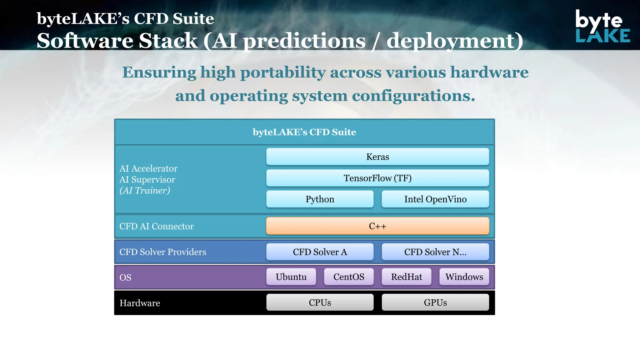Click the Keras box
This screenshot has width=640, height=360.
pyautogui.click(x=377, y=157)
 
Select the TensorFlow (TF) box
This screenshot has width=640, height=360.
pyautogui.click(x=377, y=178)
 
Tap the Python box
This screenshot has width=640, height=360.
pyautogui.click(x=320, y=199)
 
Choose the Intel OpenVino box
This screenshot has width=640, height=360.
pyautogui.click(x=435, y=199)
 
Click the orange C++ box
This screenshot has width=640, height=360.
pyautogui.click(x=377, y=226)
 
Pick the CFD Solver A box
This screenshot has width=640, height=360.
pyautogui.click(x=320, y=252)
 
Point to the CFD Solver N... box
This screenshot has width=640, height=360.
pyautogui.click(x=435, y=252)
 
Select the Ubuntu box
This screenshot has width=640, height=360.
pyautogui.click(x=291, y=277)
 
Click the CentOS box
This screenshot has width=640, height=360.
pyautogui.click(x=349, y=277)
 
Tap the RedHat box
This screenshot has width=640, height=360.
pyautogui.click(x=406, y=277)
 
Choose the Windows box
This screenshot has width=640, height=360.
pyautogui.click(x=464, y=277)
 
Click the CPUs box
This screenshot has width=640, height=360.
pyautogui.click(x=320, y=302)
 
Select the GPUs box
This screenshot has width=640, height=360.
pyautogui.click(x=435, y=302)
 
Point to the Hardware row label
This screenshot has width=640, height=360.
pyautogui.click(x=140, y=303)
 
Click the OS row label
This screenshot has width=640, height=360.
pyautogui.click(x=125, y=277)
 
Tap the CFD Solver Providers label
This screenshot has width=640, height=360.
pyautogui.click(x=162, y=252)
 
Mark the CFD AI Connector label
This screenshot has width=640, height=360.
pyautogui.click(x=156, y=226)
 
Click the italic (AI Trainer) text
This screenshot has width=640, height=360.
pyautogui.click(x=145, y=190)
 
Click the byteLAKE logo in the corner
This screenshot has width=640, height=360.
pyautogui.click(x=602, y=26)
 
